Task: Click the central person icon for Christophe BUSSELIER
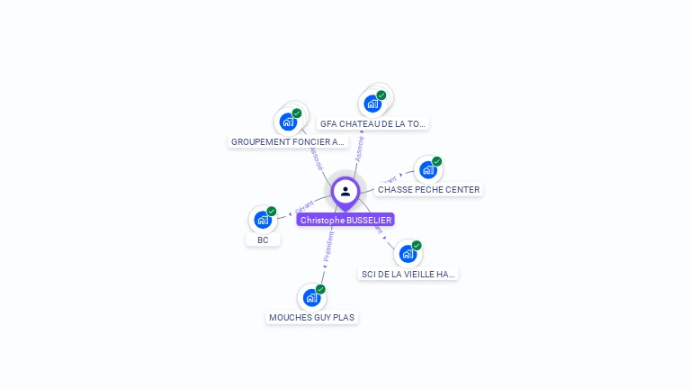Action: click(345, 191)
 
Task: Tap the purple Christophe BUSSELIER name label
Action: click(345, 220)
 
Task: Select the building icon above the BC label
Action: click(262, 219)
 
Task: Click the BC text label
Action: click(263, 240)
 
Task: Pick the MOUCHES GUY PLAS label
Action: click(313, 318)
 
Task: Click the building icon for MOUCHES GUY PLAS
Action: click(311, 297)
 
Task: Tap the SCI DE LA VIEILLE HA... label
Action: click(408, 274)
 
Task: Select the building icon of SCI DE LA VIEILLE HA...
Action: click(408, 253)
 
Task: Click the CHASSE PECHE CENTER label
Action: click(428, 190)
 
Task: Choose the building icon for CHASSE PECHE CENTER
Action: click(428, 169)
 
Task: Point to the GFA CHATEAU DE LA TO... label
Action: click(372, 124)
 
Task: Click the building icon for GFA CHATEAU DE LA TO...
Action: click(372, 104)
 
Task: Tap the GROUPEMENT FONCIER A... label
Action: click(288, 142)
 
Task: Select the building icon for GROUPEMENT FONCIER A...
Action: click(288, 122)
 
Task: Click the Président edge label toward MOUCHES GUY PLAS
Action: click(328, 246)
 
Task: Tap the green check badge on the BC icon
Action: click(272, 212)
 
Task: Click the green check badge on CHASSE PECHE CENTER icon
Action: click(437, 162)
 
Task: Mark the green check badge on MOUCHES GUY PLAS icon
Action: click(320, 289)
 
